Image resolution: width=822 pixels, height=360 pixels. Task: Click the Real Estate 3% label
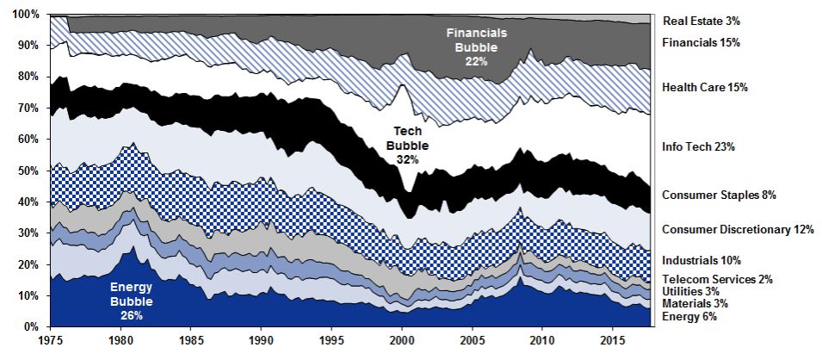(x=701, y=20)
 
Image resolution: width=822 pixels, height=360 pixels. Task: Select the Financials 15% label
(x=701, y=42)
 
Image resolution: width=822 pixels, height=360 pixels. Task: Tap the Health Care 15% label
(x=705, y=87)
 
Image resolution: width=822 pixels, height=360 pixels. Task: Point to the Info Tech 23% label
(x=698, y=147)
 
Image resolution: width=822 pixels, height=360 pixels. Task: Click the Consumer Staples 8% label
(x=719, y=196)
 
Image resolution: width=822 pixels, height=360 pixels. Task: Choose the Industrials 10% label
(x=701, y=260)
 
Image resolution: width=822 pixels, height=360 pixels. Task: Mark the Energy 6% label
(x=689, y=318)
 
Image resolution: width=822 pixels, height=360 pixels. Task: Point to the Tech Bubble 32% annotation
(x=412, y=146)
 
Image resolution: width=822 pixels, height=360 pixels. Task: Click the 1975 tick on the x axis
(x=51, y=342)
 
